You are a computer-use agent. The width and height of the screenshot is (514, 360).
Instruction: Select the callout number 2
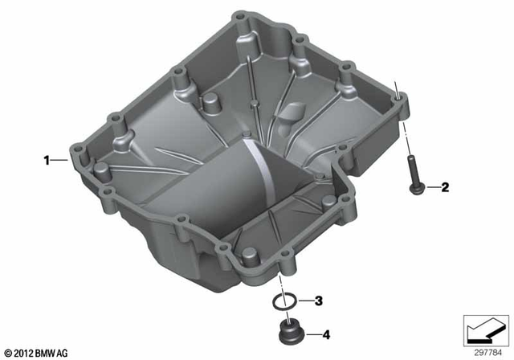click(444, 188)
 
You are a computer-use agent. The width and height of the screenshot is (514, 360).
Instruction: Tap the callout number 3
click(319, 301)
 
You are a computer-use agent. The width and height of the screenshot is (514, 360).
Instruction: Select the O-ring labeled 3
click(282, 301)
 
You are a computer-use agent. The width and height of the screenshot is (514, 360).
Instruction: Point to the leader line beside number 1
click(61, 161)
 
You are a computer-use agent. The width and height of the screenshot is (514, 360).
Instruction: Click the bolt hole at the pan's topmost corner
click(239, 17)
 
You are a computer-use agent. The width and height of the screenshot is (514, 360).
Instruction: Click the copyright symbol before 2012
click(8, 353)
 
